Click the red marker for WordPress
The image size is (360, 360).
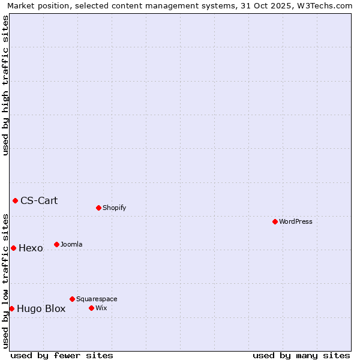click(275, 221)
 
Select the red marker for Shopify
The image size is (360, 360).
click(98, 208)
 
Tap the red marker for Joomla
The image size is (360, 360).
click(56, 244)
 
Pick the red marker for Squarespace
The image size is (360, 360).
click(72, 299)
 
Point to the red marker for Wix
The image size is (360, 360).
click(91, 308)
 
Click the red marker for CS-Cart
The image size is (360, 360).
click(15, 200)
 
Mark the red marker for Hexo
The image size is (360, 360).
click(13, 248)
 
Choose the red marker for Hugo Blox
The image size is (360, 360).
click(11, 308)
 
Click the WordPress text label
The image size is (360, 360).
click(296, 221)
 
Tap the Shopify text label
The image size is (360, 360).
click(114, 208)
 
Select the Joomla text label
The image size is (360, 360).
click(71, 244)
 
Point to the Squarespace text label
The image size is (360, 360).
click(97, 299)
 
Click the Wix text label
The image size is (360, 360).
click(101, 308)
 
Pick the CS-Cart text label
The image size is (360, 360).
click(39, 200)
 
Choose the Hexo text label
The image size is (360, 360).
click(31, 248)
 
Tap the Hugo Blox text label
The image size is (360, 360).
click(41, 309)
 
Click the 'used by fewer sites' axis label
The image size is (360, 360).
click(62, 355)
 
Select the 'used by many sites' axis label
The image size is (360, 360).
click(301, 355)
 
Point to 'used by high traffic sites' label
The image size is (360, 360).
click(5, 85)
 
